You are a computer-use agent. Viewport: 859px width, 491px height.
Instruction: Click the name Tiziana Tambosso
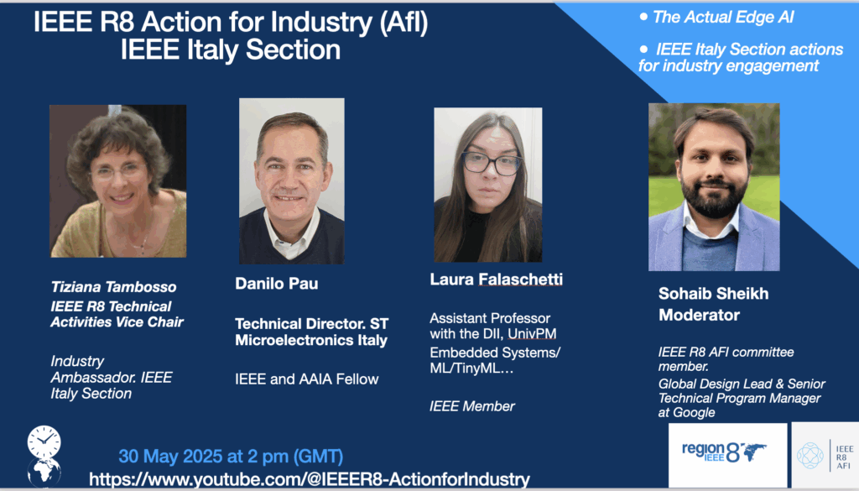coord(113,286)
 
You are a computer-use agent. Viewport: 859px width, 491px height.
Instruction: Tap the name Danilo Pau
coord(277,284)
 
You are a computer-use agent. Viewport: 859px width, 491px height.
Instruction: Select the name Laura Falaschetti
coord(497,279)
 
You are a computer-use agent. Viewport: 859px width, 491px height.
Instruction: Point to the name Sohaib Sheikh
coord(713,294)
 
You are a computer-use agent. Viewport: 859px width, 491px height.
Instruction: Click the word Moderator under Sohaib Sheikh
coord(699,315)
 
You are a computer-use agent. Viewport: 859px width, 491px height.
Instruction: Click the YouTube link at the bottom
coord(310,479)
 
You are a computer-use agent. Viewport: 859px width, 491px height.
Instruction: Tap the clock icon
coord(44,442)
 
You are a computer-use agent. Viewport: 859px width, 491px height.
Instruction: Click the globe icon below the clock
coord(44,473)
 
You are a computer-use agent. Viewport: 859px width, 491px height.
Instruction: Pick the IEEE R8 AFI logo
coord(825,455)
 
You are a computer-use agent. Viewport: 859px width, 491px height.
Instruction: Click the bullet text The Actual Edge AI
coord(723,18)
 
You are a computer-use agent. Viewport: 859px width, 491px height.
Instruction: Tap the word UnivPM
coord(532,334)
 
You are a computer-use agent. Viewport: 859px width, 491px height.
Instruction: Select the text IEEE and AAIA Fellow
coord(307,379)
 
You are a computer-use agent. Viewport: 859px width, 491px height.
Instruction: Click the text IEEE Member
coord(472,406)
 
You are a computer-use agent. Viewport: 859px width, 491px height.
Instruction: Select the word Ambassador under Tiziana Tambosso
coord(93,378)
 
